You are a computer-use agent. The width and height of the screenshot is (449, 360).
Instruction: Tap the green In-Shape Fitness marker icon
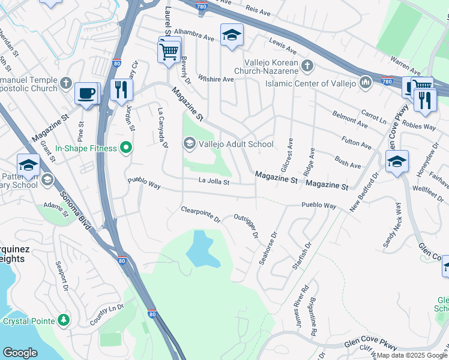(x=125, y=147)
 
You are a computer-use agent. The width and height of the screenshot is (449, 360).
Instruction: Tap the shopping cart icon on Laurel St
(x=169, y=50)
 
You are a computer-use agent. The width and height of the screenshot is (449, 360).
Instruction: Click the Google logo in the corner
(x=20, y=353)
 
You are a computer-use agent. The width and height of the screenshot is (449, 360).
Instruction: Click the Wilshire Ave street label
(x=216, y=79)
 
